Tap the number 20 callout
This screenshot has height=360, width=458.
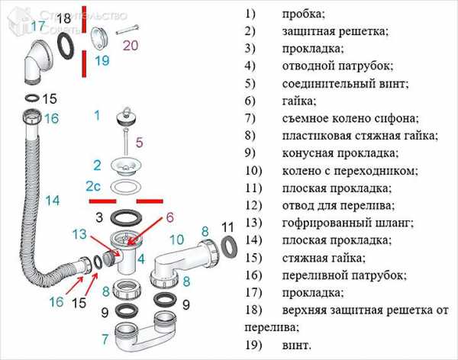pos(131,46)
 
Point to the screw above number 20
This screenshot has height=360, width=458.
pos(127,30)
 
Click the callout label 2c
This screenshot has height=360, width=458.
pos(93,186)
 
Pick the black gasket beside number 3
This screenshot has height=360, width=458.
pos(126,217)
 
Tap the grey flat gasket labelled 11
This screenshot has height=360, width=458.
pos(229,247)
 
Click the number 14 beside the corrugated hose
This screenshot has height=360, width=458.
pos(53,201)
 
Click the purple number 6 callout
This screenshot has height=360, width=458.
pos(169,217)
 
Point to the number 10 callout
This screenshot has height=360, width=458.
pos(177,239)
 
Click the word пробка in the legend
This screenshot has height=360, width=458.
pos(303,14)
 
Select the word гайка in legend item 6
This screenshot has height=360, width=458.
pos(299,101)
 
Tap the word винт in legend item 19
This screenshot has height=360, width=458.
pos(297,345)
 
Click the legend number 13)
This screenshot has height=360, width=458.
pos(253,223)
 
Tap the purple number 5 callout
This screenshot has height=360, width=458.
pos(140,143)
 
